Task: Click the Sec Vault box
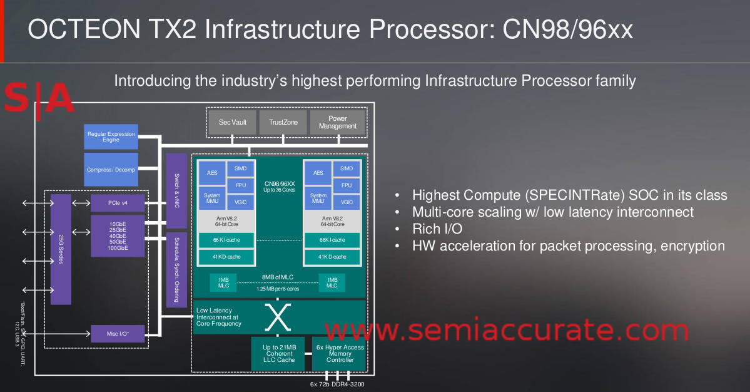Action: tap(233, 122)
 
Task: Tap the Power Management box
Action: tap(337, 122)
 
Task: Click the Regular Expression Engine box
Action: tap(111, 137)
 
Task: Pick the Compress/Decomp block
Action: tap(111, 169)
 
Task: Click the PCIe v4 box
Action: tap(118, 203)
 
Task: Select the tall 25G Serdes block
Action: tap(61, 249)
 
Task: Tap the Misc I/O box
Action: tap(118, 334)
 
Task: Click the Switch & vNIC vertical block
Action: tap(176, 191)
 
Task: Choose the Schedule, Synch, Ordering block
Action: tap(176, 269)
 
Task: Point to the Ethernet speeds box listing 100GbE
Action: tap(118, 236)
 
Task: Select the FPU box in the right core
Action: tap(347, 185)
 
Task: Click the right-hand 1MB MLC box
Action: tap(332, 282)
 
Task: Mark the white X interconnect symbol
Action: tap(278, 317)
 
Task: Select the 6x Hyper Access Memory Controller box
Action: tap(340, 354)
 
